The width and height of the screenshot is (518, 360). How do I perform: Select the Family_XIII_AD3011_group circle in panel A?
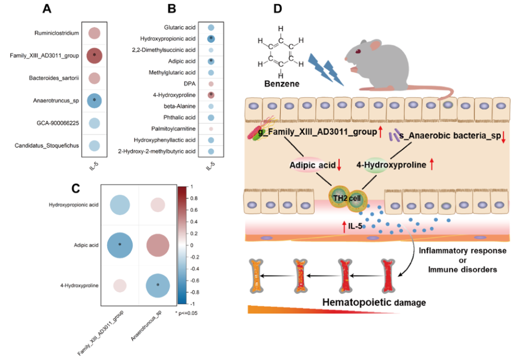(x=94, y=55)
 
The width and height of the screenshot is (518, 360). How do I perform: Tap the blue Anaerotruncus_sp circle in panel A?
(x=94, y=101)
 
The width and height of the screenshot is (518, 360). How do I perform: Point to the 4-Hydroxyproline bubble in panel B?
(x=211, y=95)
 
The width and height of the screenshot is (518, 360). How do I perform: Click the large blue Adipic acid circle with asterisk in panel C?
(x=120, y=245)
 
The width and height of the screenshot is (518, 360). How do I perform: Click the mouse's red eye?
(x=358, y=51)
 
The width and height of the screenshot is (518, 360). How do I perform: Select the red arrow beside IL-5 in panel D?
(x=344, y=226)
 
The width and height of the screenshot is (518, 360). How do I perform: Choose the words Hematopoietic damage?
(x=358, y=302)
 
